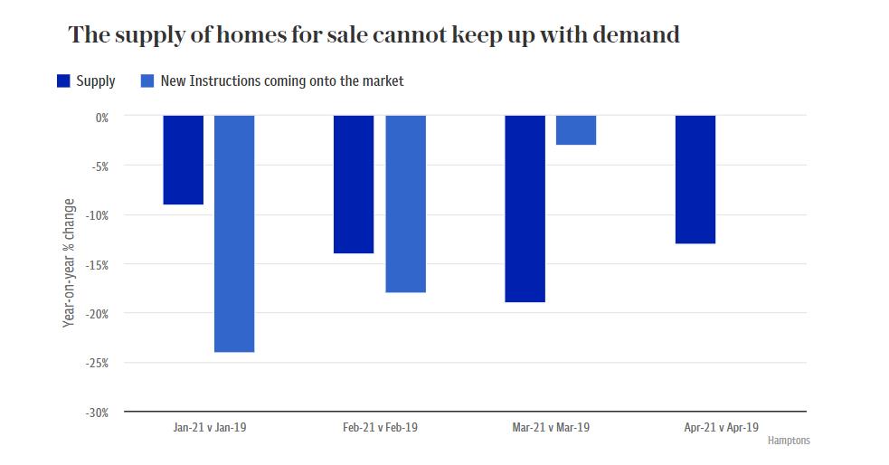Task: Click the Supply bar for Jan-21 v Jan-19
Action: pos(183,160)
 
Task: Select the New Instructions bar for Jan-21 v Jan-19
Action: pos(234,233)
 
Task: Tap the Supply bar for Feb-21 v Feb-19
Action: pos(354,185)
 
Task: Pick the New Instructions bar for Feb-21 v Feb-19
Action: pos(405,204)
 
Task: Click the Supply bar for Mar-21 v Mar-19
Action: pos(525,209)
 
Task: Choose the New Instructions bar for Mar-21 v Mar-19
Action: pos(576,130)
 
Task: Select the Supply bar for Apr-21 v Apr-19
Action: pos(695,180)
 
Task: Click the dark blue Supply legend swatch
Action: pos(63,81)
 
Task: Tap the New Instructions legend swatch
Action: pos(148,81)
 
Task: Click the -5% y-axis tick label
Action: pos(99,166)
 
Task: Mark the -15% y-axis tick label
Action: pos(97,265)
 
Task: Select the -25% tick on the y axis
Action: pos(97,364)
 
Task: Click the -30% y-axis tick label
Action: pos(97,413)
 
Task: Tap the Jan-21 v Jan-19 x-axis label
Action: pos(209,428)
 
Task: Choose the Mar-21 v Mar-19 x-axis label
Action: pos(551,428)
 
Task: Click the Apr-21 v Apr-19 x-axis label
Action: pos(722,428)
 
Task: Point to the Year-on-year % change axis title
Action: pos(70,262)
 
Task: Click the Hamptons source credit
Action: pos(789,441)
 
